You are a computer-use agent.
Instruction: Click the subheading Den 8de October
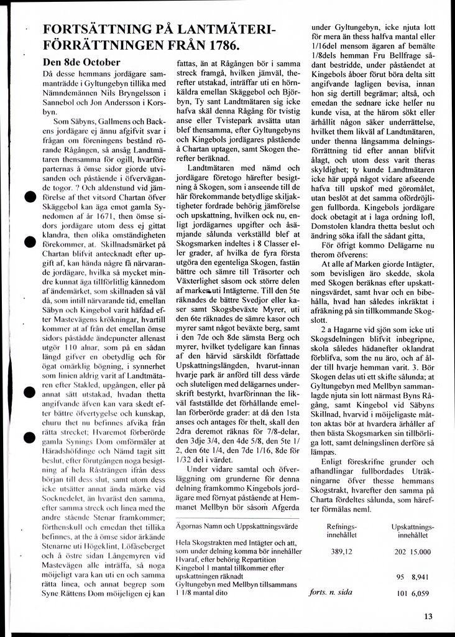coord(81,62)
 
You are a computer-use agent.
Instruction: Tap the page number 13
coord(427,617)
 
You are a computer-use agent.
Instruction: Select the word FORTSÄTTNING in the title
coord(103,29)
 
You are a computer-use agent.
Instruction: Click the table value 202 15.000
coord(412,551)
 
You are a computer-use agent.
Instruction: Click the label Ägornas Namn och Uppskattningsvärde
coord(236,526)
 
